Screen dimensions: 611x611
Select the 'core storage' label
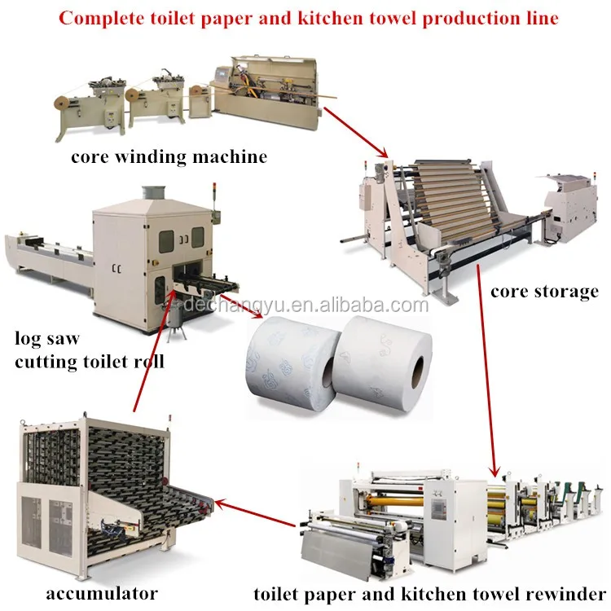(x=544, y=291)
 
